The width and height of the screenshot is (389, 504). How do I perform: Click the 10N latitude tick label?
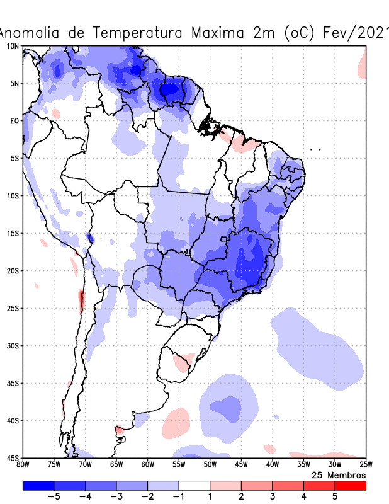click(x=13, y=46)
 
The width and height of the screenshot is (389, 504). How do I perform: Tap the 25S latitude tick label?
click(x=13, y=308)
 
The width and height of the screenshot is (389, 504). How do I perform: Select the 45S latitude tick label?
click(x=13, y=457)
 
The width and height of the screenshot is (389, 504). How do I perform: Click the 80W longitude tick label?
click(x=23, y=465)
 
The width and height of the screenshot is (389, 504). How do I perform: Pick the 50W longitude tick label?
click(x=210, y=465)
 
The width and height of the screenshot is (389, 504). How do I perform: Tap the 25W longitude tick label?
click(x=366, y=465)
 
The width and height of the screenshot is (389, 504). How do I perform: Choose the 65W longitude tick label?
click(x=116, y=465)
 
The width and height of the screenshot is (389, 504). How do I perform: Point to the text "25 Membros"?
click(x=339, y=474)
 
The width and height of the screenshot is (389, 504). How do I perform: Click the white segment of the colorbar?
click(x=194, y=485)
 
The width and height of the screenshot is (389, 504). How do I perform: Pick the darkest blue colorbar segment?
click(x=38, y=485)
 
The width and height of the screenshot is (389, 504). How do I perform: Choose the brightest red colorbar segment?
click(x=351, y=485)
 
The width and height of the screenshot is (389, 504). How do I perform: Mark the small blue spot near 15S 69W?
click(x=90, y=238)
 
